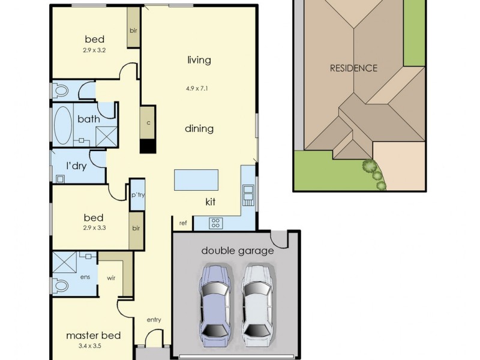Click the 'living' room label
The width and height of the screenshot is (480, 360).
tap(199, 60)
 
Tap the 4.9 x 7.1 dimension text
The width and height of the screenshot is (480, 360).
tap(199, 89)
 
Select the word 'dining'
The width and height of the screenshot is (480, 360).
tap(199, 128)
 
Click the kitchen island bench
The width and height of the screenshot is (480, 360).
tap(196, 180)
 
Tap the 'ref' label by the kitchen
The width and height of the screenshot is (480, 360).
tap(182, 223)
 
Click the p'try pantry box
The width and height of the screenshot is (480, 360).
tap(137, 195)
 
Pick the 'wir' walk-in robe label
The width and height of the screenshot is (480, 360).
tap(111, 278)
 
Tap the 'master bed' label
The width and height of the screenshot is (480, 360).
tap(93, 335)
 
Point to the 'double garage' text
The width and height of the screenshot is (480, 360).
tap(237, 250)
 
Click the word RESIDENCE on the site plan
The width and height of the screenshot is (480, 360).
tap(353, 68)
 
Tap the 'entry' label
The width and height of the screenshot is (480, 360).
tap(154, 320)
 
